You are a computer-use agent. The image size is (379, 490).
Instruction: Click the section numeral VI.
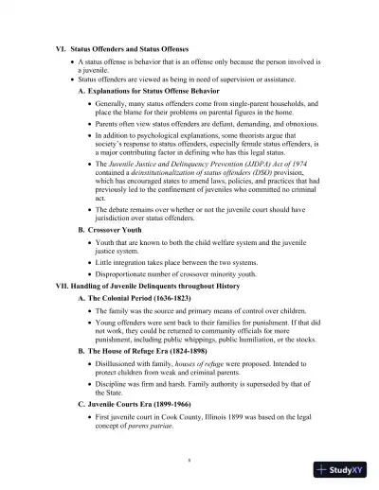pyautogui.click(x=62, y=47)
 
